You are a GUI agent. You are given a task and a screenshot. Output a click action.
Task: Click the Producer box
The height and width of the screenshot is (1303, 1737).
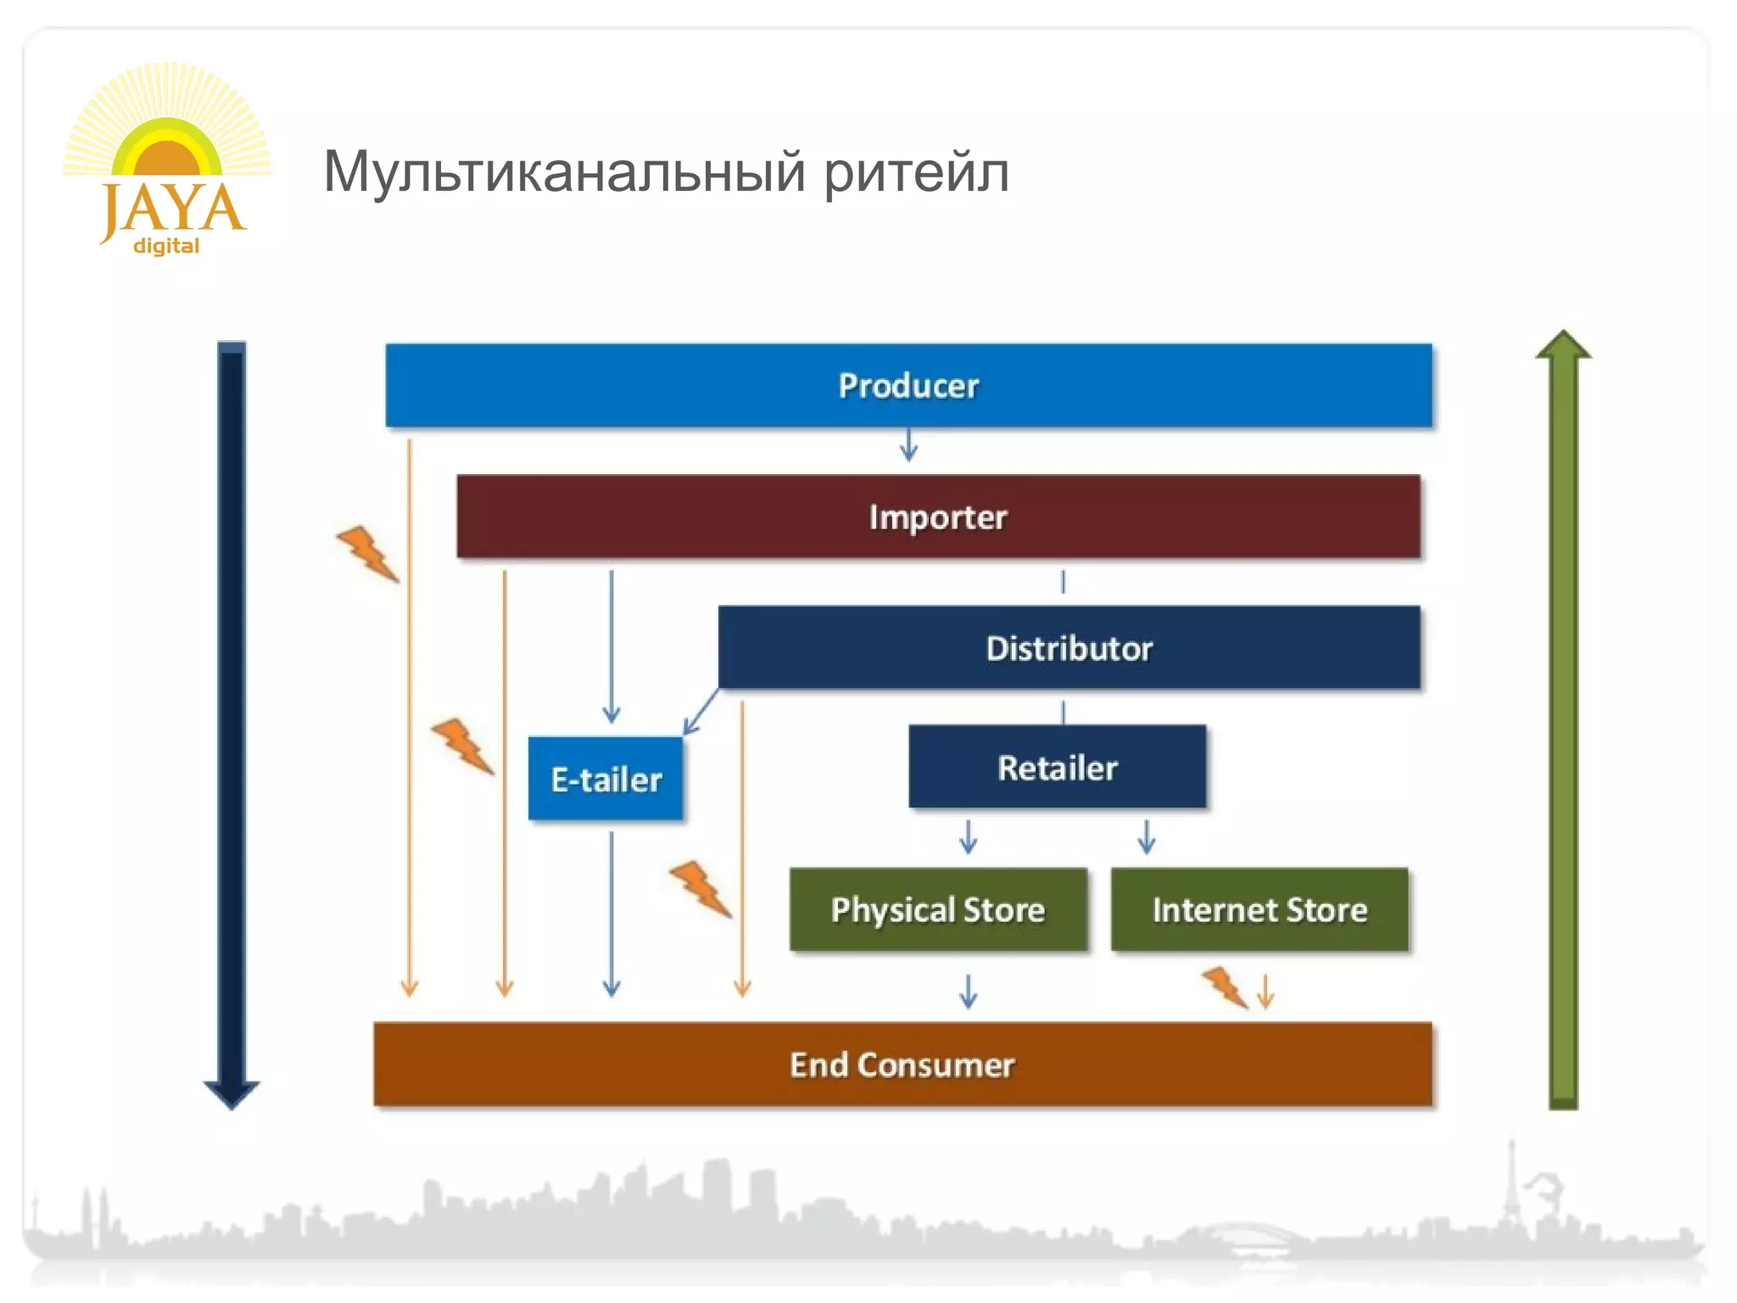pyautogui.click(x=908, y=385)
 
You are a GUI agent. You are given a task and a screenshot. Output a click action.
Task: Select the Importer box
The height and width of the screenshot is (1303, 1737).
pyautogui.click(x=938, y=517)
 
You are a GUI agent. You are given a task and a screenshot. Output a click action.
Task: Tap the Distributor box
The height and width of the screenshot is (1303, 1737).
pyautogui.click(x=1069, y=647)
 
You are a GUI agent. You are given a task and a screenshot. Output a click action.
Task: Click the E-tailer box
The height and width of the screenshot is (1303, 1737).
pyautogui.click(x=606, y=779)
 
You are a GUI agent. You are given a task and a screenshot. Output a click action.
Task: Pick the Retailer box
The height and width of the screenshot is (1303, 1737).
pyautogui.click(x=1057, y=767)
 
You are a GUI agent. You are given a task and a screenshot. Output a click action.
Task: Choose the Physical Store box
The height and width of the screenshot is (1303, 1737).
pyautogui.click(x=938, y=909)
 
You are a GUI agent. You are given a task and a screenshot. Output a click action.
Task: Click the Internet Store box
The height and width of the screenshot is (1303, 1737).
pyautogui.click(x=1259, y=909)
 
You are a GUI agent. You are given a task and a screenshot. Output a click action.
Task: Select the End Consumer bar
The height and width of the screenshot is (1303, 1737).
pyautogui.click(x=902, y=1065)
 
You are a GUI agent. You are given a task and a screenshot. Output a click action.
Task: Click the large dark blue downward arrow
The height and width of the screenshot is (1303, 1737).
pyautogui.click(x=232, y=721)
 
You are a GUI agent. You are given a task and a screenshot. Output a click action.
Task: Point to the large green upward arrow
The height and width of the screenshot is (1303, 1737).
pyautogui.click(x=1563, y=721)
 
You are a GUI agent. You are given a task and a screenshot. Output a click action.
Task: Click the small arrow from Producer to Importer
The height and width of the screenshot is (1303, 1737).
pyautogui.click(x=908, y=445)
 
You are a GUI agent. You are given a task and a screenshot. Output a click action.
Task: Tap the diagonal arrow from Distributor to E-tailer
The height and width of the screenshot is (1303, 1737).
pyautogui.click(x=701, y=712)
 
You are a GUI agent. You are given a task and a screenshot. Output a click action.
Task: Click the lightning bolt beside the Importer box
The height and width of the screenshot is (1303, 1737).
pyautogui.click(x=367, y=553)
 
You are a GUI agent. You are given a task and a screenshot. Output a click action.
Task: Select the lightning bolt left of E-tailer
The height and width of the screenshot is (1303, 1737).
pyautogui.click(x=462, y=746)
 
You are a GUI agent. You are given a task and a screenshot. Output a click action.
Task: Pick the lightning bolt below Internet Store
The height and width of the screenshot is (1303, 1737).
pyautogui.click(x=1226, y=987)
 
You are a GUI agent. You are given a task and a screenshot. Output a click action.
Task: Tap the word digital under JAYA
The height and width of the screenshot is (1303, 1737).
pyautogui.click(x=166, y=246)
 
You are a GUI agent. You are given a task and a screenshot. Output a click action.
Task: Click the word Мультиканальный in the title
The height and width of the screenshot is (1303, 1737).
pyautogui.click(x=563, y=172)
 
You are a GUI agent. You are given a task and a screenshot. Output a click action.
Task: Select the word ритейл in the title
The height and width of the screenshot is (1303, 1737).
pyautogui.click(x=916, y=172)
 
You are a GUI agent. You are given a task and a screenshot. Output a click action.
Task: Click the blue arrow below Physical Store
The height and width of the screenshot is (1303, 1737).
pyautogui.click(x=968, y=990)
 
